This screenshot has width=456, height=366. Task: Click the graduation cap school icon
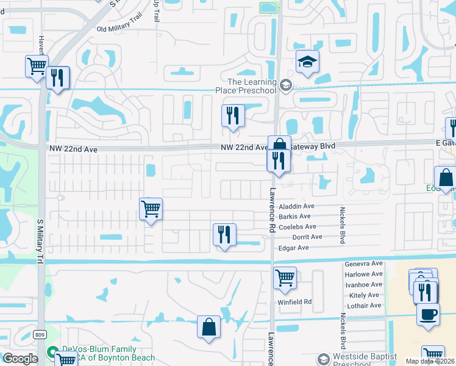(307, 62)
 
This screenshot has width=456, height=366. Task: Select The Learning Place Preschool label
(251, 87)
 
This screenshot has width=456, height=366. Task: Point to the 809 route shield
(39, 334)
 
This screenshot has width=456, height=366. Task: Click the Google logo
(20, 359)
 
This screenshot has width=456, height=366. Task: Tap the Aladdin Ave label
(296, 207)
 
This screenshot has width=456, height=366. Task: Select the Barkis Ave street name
(294, 217)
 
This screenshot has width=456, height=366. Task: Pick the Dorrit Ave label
(307, 237)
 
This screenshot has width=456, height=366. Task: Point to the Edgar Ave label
(294, 248)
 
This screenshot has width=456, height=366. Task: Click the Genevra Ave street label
(363, 264)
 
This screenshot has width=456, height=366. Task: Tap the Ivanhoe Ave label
(363, 284)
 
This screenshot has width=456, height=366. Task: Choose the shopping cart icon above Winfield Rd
(285, 278)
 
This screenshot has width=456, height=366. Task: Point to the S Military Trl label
(41, 244)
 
